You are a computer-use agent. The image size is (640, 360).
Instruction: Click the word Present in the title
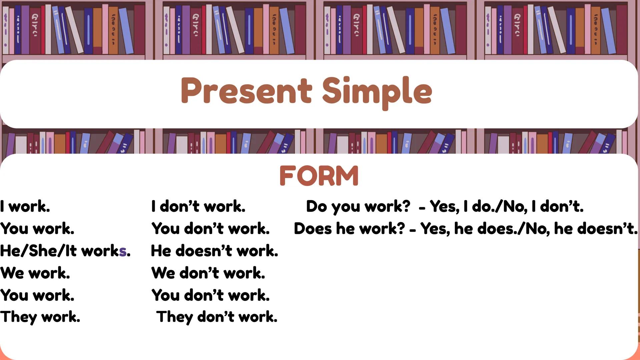point(246,91)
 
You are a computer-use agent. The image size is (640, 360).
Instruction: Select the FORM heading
point(319,176)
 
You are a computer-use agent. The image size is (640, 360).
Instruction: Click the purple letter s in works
point(123,251)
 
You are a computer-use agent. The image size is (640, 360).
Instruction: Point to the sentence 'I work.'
point(25,206)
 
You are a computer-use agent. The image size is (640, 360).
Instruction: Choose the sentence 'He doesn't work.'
point(214,251)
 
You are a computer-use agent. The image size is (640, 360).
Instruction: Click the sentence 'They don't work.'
point(216,317)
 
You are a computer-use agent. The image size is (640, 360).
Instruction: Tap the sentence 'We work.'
point(35,273)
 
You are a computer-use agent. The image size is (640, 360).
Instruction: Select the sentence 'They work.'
point(40,317)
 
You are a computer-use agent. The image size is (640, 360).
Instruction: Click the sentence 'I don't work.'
point(198,206)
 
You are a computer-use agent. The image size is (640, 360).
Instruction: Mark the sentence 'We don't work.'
point(208,273)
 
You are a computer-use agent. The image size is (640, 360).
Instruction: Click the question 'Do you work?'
point(358,206)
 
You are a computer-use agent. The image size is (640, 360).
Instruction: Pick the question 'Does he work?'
point(349,229)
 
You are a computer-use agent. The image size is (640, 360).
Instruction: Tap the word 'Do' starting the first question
point(316,206)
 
